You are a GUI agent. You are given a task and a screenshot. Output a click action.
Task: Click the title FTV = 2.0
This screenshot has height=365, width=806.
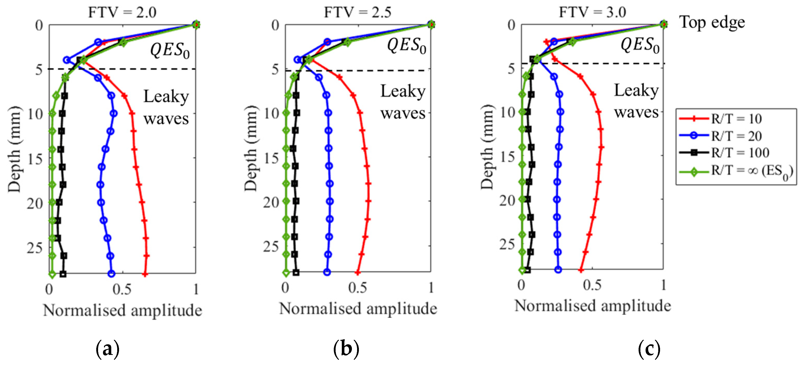tap(122, 12)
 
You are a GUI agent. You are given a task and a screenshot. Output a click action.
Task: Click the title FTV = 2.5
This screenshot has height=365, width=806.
tap(357, 12)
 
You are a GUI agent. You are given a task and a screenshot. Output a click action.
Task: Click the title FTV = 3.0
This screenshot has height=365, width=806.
tap(592, 12)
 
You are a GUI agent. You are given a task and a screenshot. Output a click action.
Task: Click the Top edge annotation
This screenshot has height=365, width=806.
tap(712, 22)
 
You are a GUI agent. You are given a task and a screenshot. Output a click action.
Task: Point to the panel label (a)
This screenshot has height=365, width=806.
tap(108, 348)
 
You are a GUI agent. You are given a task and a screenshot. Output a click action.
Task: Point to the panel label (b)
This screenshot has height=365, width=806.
tap(346, 348)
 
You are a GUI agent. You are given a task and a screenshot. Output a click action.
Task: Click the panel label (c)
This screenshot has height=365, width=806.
tap(649, 348)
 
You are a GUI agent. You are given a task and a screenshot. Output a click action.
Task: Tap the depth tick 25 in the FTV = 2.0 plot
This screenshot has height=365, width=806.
tap(34, 248)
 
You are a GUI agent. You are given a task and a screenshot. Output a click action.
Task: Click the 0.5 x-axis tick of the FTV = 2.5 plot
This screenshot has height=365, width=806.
tap(357, 287)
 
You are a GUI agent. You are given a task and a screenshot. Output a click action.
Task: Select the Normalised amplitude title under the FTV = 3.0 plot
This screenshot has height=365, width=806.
tap(593, 306)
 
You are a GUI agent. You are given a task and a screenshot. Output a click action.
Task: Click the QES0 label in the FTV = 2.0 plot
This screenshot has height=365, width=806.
tap(169, 50)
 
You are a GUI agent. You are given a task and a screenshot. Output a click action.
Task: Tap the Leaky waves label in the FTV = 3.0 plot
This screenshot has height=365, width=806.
tap(637, 101)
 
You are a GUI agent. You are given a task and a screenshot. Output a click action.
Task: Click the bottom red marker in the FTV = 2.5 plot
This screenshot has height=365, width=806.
tap(358, 272)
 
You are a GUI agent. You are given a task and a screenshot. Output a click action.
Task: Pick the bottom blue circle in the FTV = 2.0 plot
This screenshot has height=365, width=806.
tap(111, 274)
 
